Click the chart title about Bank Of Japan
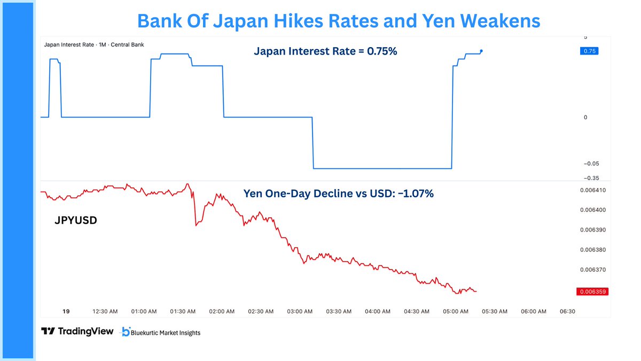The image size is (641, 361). pyautogui.click(x=339, y=20)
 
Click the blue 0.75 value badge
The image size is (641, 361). pyautogui.click(x=589, y=51)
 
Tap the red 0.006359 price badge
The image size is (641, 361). pyautogui.click(x=593, y=292)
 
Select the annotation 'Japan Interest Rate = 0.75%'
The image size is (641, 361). pyautogui.click(x=325, y=52)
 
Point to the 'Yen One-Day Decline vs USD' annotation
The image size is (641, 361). pyautogui.click(x=338, y=194)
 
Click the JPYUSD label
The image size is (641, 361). pyautogui.click(x=75, y=220)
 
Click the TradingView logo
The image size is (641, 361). pyautogui.click(x=77, y=332)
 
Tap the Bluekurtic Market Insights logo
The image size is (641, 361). pyautogui.click(x=161, y=332)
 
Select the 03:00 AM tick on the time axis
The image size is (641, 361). pyautogui.click(x=300, y=311)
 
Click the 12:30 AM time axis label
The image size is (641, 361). pyautogui.click(x=105, y=311)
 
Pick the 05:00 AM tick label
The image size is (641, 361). pyautogui.click(x=456, y=311)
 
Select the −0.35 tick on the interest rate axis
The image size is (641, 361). pyautogui.click(x=591, y=178)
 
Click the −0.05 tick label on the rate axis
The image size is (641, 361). pyautogui.click(x=591, y=164)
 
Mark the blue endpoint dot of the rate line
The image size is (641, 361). pyautogui.click(x=481, y=51)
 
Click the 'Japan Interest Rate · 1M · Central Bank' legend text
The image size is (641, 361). pyautogui.click(x=93, y=44)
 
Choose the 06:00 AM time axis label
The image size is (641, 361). pyautogui.click(x=534, y=311)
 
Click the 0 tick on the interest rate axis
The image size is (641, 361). pyautogui.click(x=585, y=117)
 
